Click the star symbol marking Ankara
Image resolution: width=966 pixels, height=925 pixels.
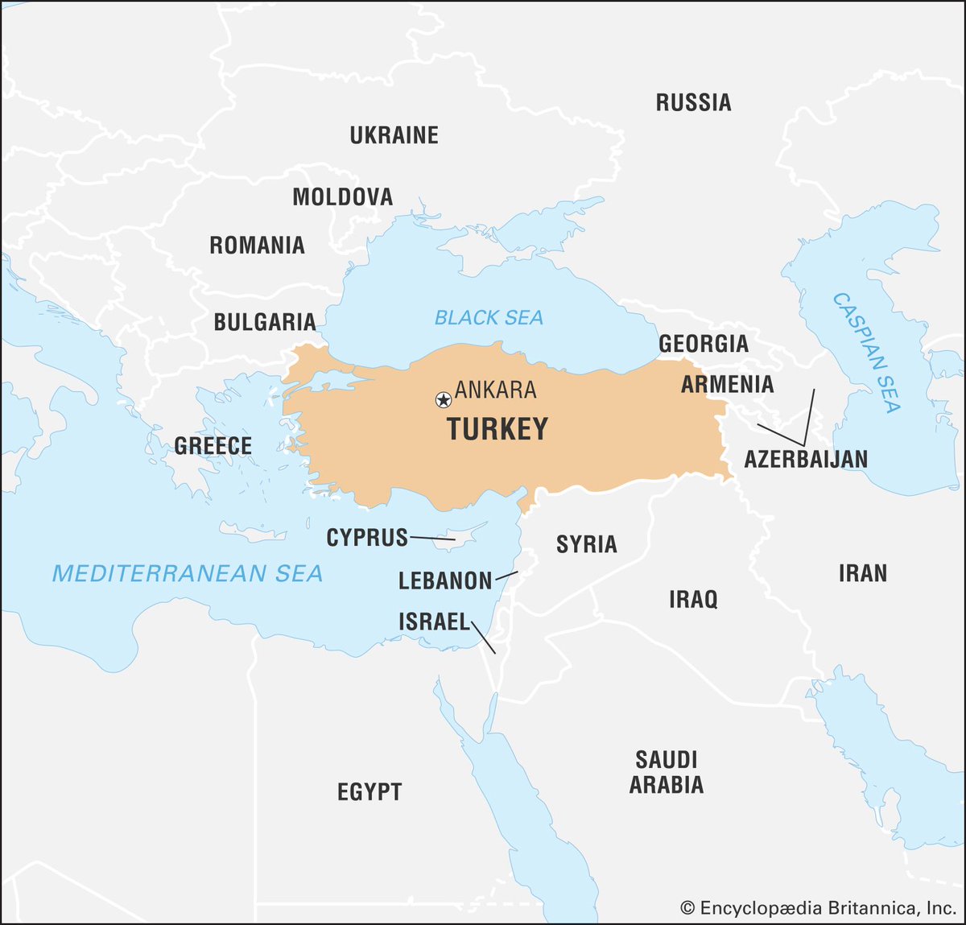(443, 399)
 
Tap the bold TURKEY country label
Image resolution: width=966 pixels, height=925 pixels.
(497, 429)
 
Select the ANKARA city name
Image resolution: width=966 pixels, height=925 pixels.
(495, 390)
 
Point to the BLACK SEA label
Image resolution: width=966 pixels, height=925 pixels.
(489, 318)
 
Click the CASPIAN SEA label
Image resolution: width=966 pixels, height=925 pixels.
(867, 353)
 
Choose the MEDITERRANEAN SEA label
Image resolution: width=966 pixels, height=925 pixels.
(188, 573)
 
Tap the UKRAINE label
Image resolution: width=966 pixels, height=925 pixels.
(394, 135)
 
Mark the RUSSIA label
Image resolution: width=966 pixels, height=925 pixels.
(693, 103)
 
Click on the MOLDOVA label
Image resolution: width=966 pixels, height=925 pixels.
(342, 196)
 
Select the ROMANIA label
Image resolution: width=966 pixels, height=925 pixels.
(257, 246)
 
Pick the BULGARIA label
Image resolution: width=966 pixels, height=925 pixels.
(264, 322)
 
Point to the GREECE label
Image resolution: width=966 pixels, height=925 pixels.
(213, 445)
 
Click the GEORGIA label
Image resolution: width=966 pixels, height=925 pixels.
(704, 344)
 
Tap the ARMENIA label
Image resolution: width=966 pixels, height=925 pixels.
(727, 385)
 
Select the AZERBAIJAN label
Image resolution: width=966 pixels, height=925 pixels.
(805, 459)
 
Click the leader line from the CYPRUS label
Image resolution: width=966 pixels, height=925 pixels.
(432, 538)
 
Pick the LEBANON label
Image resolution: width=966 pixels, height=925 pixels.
(445, 580)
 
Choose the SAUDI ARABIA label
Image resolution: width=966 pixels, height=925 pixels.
(667, 771)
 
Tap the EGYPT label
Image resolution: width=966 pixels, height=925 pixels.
(369, 791)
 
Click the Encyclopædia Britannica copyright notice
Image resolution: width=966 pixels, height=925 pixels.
(818, 908)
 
